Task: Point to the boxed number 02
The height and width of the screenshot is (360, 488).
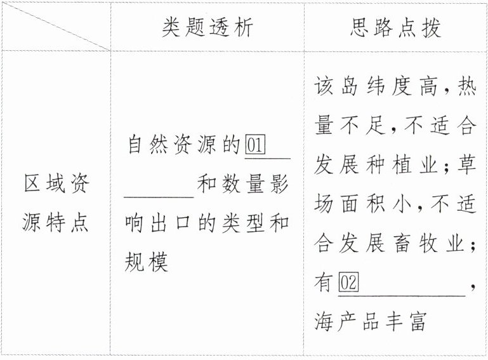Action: click(x=348, y=282)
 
